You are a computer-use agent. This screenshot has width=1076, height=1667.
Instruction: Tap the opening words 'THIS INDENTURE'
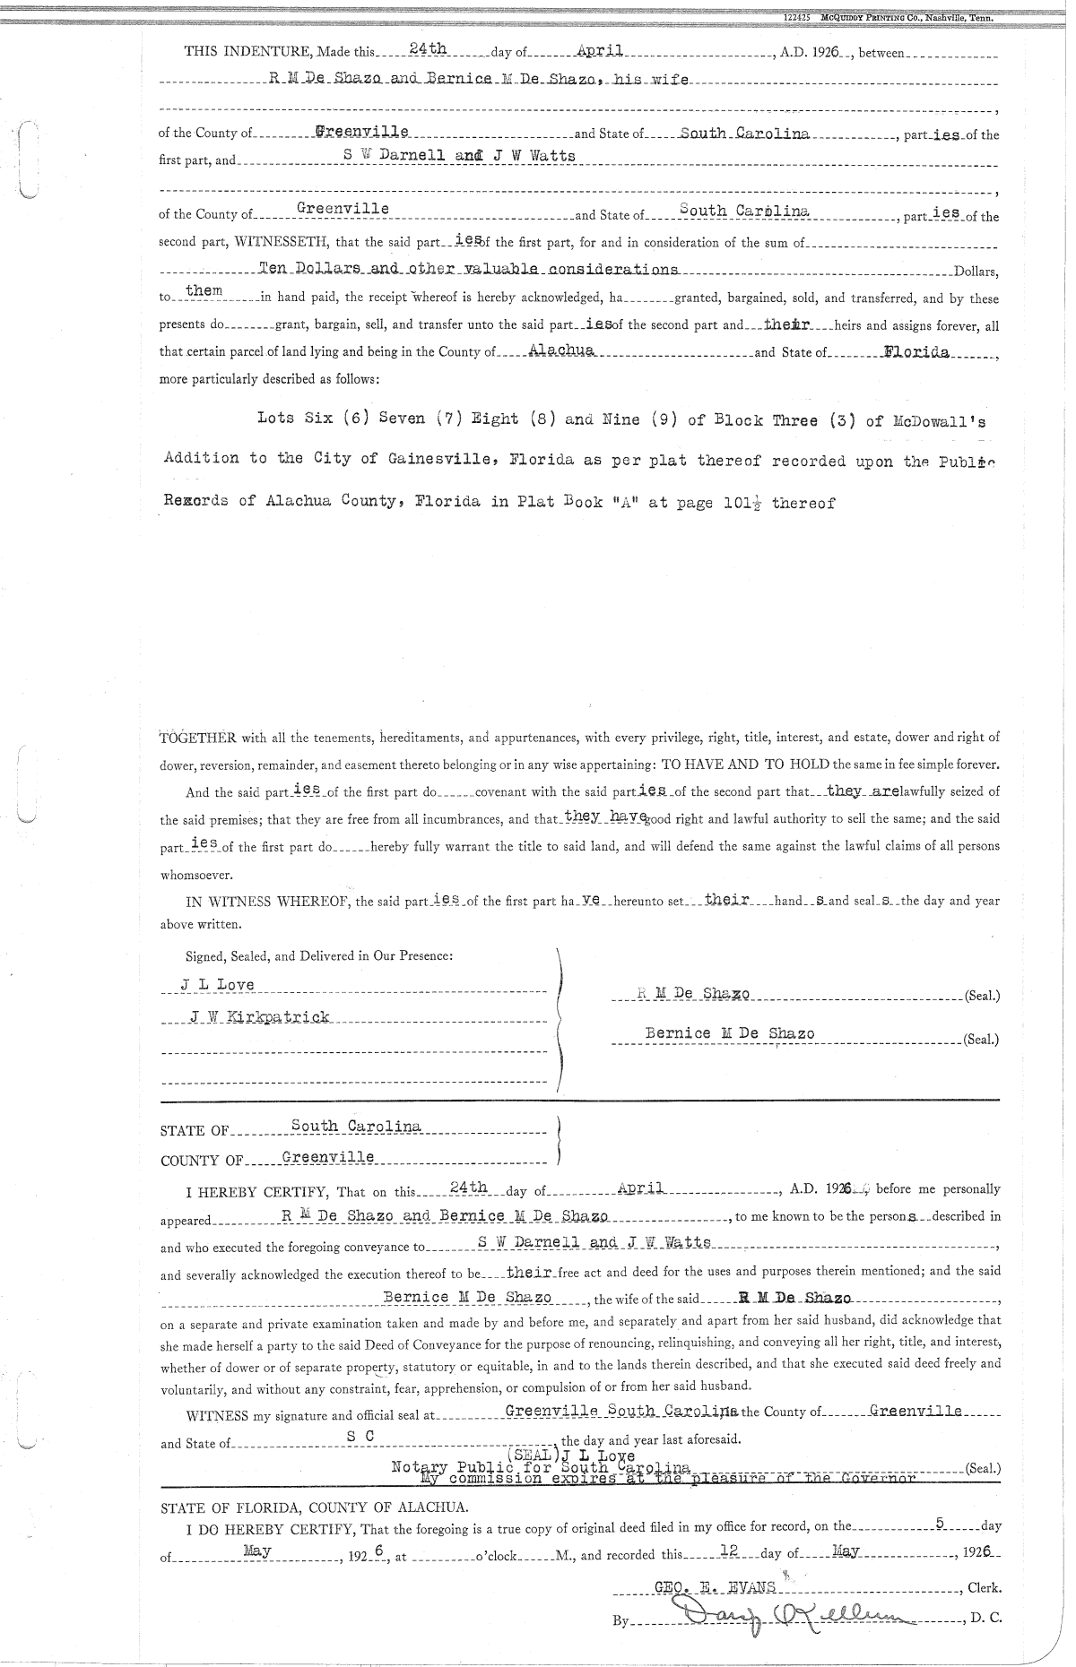pos(236,52)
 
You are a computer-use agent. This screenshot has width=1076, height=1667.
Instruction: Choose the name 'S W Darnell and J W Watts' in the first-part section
pos(460,155)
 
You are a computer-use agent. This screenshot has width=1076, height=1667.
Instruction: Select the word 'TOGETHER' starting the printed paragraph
pos(198,738)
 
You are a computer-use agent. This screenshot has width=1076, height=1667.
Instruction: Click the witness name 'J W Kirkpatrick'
pos(259,1016)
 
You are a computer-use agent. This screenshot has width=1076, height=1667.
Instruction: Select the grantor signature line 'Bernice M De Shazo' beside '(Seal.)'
pos(730,1033)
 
